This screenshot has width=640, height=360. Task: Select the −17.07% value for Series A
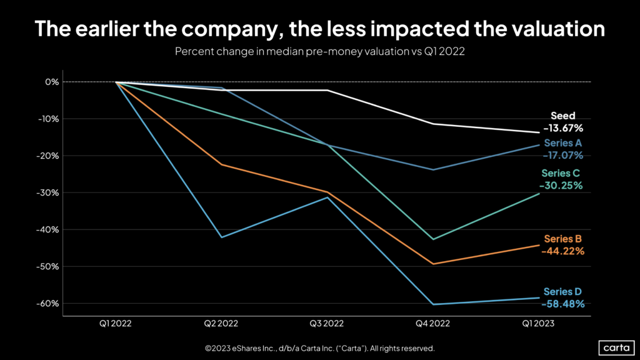[x=562, y=154]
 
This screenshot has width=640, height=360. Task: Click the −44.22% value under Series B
[x=563, y=251]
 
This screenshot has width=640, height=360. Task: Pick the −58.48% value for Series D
[x=563, y=304]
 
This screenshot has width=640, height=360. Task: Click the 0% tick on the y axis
[x=51, y=82]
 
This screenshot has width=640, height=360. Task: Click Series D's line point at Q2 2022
[x=221, y=237]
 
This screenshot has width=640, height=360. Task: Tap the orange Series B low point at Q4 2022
[x=433, y=264]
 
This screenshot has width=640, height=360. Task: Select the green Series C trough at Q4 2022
[x=433, y=239]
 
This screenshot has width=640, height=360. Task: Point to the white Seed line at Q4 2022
[x=433, y=124]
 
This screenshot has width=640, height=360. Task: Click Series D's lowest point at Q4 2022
[x=433, y=304]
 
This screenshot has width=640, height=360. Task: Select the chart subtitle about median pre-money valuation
[x=319, y=53]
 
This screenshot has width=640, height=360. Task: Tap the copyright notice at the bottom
[x=319, y=347]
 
